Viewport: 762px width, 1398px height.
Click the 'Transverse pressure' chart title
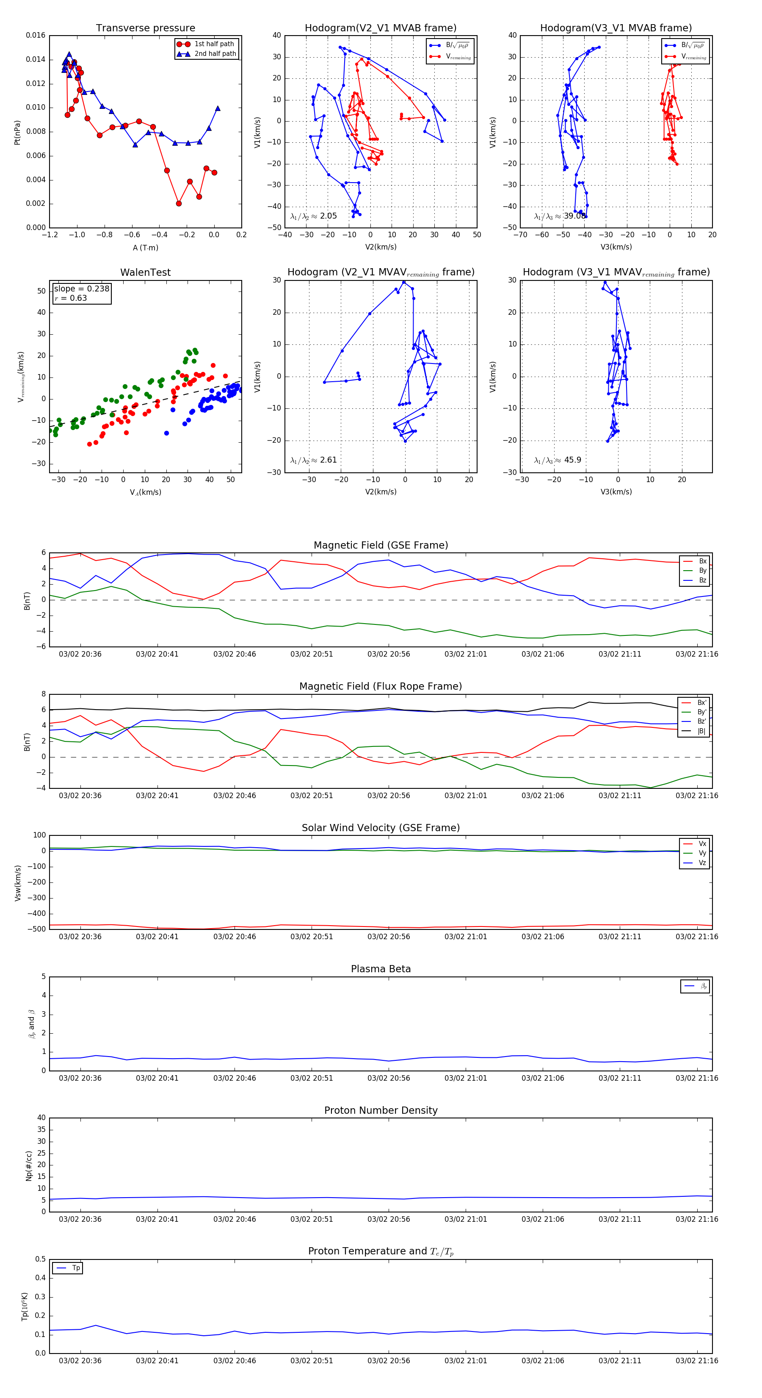(x=145, y=28)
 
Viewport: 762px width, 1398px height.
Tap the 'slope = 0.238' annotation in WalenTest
(x=81, y=289)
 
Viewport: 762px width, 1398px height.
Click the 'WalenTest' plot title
(x=145, y=272)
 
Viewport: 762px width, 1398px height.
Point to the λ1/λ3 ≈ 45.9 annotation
(x=558, y=460)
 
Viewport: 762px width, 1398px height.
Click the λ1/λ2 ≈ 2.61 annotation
(x=313, y=460)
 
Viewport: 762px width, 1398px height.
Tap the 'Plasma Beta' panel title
(x=381, y=969)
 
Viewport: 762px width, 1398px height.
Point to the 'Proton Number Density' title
(x=381, y=1110)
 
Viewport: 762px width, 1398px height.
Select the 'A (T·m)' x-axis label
(x=145, y=247)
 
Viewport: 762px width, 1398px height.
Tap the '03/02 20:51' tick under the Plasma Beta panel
(x=311, y=1078)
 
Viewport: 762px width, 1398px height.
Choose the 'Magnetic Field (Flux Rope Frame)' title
(x=381, y=687)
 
